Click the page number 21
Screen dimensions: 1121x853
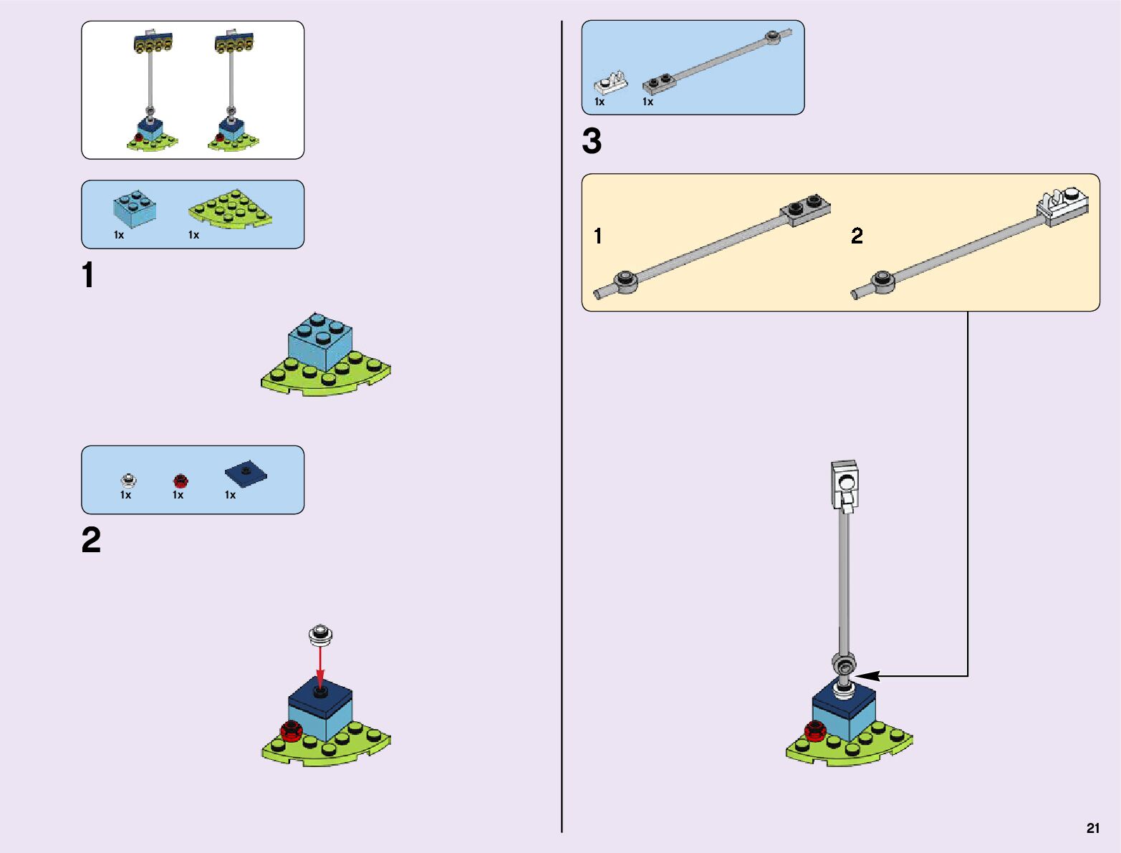pyautogui.click(x=1092, y=828)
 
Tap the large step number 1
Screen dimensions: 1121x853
pyautogui.click(x=88, y=276)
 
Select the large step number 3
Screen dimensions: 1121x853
pyautogui.click(x=592, y=141)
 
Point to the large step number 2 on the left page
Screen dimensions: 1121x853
pyautogui.click(x=91, y=540)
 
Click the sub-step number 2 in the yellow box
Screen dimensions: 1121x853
pyautogui.click(x=857, y=236)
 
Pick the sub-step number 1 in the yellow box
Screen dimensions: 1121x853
pyautogui.click(x=598, y=236)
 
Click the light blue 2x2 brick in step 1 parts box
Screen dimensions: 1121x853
pyautogui.click(x=135, y=209)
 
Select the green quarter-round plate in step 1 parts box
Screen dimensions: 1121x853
pyautogui.click(x=231, y=209)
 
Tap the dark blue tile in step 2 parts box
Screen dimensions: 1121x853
pyautogui.click(x=246, y=473)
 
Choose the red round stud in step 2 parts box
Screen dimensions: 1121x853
pyautogui.click(x=180, y=481)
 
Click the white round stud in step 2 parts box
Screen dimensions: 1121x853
pyautogui.click(x=128, y=479)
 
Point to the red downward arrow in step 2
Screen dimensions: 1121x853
pyautogui.click(x=320, y=666)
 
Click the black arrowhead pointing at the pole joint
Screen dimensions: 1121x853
pyautogui.click(x=865, y=675)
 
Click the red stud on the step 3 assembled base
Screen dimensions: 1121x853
pyautogui.click(x=814, y=731)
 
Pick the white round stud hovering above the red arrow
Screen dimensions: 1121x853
pyautogui.click(x=321, y=633)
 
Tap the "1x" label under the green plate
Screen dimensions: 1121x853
pyautogui.click(x=193, y=235)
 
